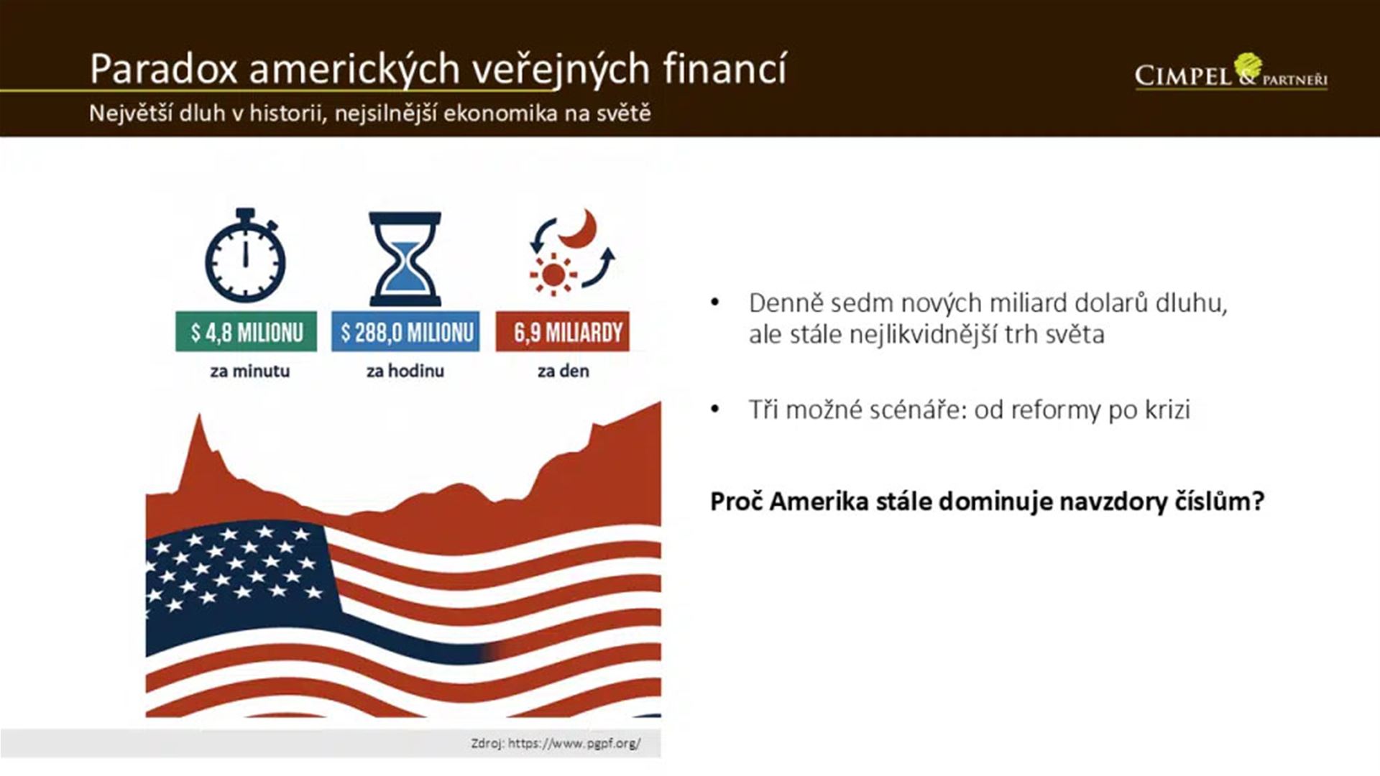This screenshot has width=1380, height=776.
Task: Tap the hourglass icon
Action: coord(405,259)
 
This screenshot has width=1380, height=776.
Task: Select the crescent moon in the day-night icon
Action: coord(579,228)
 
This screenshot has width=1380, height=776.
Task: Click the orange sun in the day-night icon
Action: coord(553,274)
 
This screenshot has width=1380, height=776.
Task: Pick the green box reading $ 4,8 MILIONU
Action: coord(246,332)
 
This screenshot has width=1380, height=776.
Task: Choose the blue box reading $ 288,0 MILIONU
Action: coord(405,332)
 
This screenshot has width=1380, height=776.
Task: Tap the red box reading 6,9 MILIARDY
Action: coord(562,332)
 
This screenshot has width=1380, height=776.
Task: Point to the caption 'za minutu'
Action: coord(250,371)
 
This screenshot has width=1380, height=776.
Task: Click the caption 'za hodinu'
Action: coord(405,371)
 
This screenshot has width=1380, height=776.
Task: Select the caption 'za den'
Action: coord(563,371)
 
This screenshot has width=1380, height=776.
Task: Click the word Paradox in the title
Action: coord(163,69)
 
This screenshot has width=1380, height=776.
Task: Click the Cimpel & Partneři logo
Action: coord(1231,73)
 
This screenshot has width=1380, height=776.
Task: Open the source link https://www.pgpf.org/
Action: coord(574,743)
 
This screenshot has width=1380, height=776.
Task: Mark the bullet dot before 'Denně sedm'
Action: coord(714,303)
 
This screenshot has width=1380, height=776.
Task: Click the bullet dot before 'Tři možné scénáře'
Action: coord(714,410)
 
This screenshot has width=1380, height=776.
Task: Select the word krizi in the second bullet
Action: coord(1168,410)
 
